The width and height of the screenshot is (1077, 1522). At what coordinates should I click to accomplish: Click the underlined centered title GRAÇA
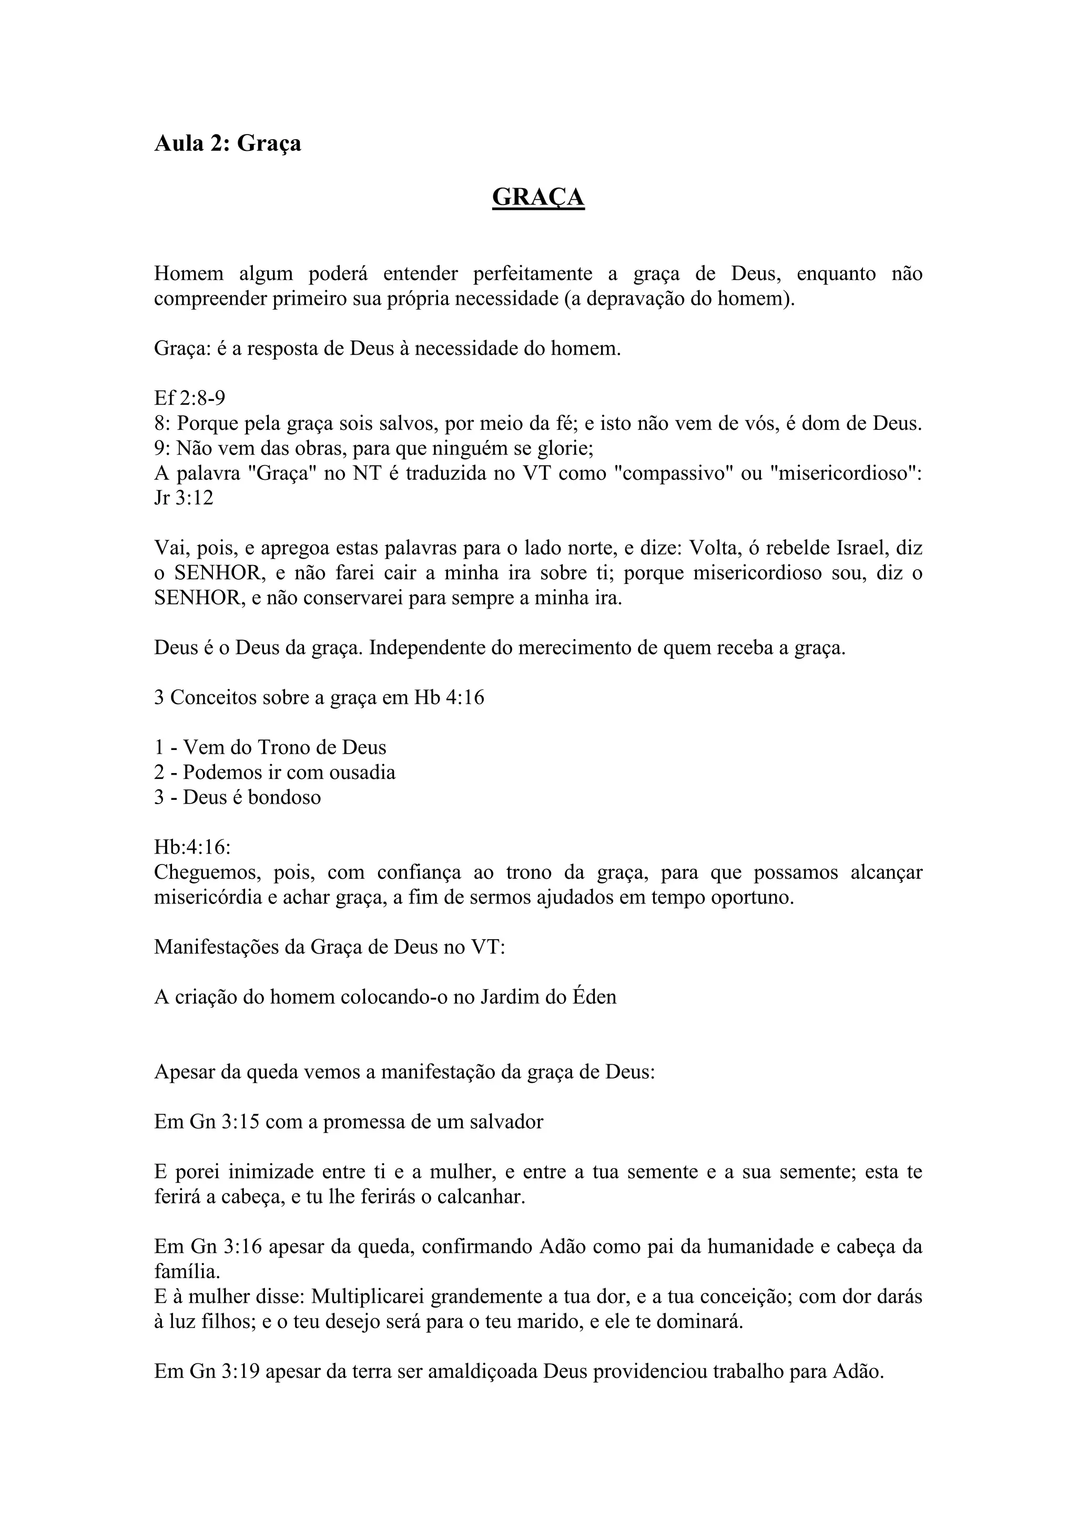tap(538, 197)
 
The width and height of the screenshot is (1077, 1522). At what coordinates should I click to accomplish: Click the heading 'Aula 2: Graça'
tap(228, 143)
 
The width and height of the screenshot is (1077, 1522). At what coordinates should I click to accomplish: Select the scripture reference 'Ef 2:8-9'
tap(190, 398)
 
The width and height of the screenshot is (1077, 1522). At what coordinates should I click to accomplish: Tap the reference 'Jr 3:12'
tap(184, 498)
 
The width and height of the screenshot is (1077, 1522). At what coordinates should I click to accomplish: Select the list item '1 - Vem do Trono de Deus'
tap(270, 747)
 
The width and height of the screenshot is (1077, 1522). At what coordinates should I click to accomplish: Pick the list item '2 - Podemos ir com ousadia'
tap(275, 772)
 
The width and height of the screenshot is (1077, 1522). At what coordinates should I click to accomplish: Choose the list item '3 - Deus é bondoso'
tap(237, 797)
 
